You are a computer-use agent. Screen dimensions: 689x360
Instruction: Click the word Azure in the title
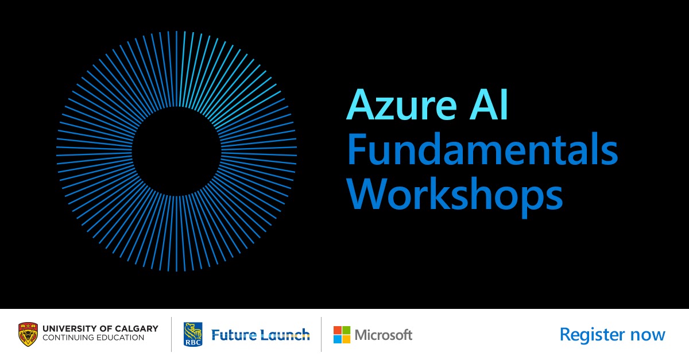[401, 104]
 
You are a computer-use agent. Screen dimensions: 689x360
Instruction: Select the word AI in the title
[489, 104]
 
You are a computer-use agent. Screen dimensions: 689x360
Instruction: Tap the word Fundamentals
[482, 149]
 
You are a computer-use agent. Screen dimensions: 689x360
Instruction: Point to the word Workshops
[455, 195]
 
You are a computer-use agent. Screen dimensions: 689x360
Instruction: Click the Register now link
[613, 335]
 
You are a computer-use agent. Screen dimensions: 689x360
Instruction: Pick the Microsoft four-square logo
[342, 335]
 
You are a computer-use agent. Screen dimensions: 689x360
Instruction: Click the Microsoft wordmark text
[384, 335]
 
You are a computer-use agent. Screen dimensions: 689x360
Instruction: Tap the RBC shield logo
[193, 335]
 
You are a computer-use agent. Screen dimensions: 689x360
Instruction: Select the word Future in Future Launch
[234, 335]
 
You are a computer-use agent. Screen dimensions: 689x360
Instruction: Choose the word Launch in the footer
[285, 335]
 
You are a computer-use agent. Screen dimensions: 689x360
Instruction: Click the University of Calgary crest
[28, 335]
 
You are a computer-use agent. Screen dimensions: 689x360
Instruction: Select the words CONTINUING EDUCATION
[93, 338]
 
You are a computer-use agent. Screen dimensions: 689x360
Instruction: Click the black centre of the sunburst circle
[177, 152]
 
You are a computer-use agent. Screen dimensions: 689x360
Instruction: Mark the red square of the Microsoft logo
[338, 331]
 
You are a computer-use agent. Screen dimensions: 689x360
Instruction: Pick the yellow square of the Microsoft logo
[346, 339]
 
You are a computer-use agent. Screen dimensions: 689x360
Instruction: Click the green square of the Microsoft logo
[346, 331]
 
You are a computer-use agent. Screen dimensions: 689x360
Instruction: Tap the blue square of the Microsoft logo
[338, 339]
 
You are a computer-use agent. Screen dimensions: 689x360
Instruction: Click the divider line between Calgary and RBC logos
[171, 335]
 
